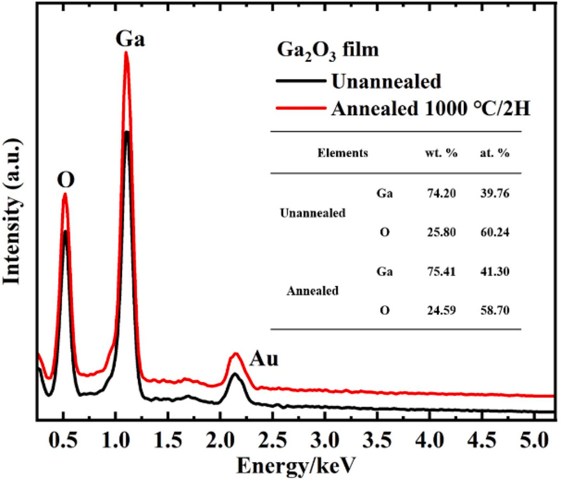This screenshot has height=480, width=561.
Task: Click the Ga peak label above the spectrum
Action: pyautogui.click(x=130, y=38)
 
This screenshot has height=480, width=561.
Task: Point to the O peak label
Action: pyautogui.click(x=66, y=180)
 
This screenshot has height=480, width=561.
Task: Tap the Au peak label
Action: pyautogui.click(x=264, y=359)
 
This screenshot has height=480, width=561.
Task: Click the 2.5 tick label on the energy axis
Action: pyautogui.click(x=272, y=440)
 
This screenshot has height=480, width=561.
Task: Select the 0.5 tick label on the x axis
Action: pyautogui.click(x=63, y=440)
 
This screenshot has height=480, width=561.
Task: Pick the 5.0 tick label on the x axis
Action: pyautogui.click(x=534, y=440)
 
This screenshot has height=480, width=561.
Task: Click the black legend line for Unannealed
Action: pyautogui.click(x=301, y=81)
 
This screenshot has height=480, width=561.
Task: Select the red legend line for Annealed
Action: pyautogui.click(x=301, y=107)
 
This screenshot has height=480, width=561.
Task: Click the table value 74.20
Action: pyautogui.click(x=442, y=193)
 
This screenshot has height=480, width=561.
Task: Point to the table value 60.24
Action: pyautogui.click(x=495, y=232)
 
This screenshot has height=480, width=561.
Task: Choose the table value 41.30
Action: pyautogui.click(x=495, y=272)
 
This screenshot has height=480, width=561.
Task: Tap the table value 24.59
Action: pyautogui.click(x=442, y=310)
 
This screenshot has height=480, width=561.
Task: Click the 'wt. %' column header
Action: pyautogui.click(x=441, y=153)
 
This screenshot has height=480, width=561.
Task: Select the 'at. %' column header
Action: pyautogui.click(x=495, y=153)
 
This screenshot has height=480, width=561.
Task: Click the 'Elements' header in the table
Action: pyautogui.click(x=342, y=153)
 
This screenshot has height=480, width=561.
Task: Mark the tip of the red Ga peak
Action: pyautogui.click(x=126, y=52)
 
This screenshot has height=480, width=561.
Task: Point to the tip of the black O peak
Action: pyautogui.click(x=65, y=231)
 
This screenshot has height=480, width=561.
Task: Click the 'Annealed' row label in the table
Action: pyautogui.click(x=312, y=291)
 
